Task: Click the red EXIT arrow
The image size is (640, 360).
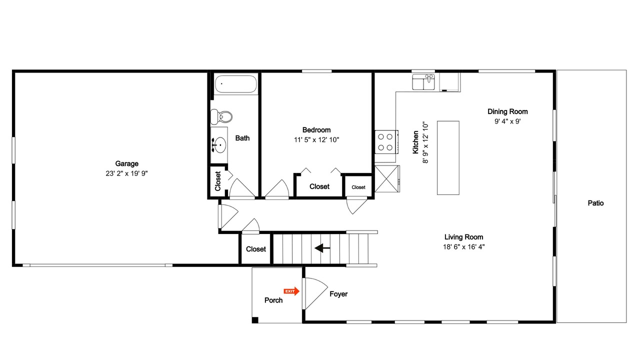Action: pyautogui.click(x=291, y=291)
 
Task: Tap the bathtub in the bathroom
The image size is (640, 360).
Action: pyautogui.click(x=235, y=84)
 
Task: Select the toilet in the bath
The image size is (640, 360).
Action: pyautogui.click(x=221, y=117)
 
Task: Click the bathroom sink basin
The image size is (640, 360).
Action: pyautogui.click(x=219, y=145)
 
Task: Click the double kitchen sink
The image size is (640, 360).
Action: pyautogui.click(x=423, y=82)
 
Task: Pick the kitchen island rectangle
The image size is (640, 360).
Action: pyautogui.click(x=448, y=158)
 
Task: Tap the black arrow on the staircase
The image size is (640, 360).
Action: pyautogui.click(x=322, y=248)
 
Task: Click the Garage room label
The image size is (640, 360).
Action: pyautogui.click(x=126, y=163)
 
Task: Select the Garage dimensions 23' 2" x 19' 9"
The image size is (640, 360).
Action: pyautogui.click(x=126, y=173)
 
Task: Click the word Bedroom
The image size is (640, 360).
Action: pyautogui.click(x=316, y=130)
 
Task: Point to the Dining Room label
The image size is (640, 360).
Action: pyautogui.click(x=507, y=111)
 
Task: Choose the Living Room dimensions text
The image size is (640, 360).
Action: pyautogui.click(x=463, y=247)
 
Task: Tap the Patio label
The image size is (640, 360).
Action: pyautogui.click(x=595, y=203)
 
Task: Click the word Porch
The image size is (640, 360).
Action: pyautogui.click(x=273, y=300)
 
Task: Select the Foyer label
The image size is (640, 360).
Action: pyautogui.click(x=338, y=294)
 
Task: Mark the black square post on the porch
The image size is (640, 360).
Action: pyautogui.click(x=255, y=320)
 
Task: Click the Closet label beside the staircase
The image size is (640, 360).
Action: pyautogui.click(x=255, y=249)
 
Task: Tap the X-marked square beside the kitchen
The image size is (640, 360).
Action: pyautogui.click(x=387, y=179)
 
